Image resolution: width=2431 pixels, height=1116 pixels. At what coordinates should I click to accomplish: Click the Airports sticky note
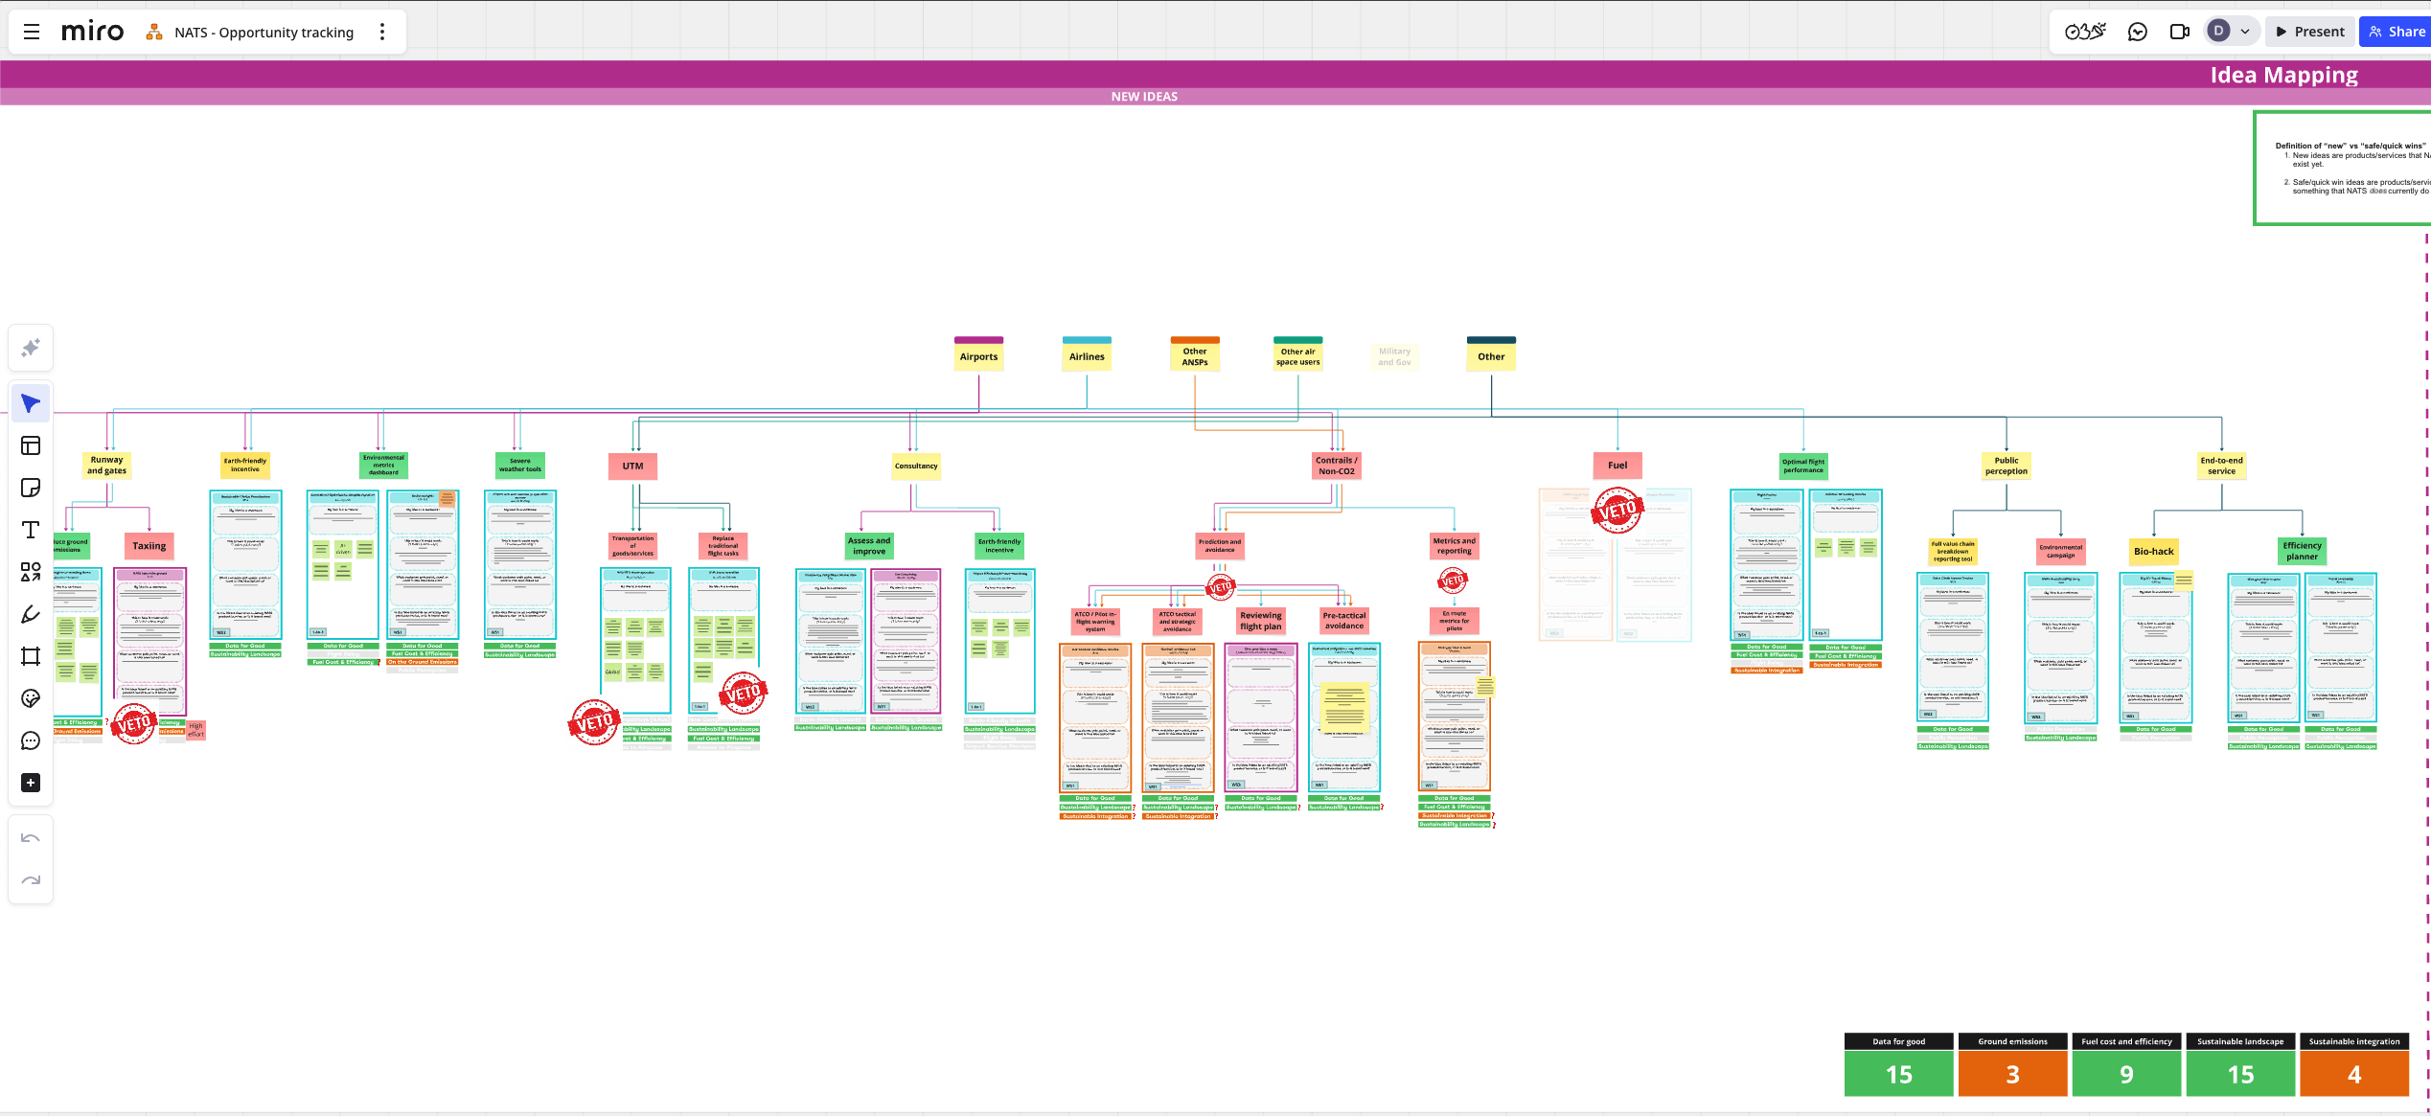click(978, 356)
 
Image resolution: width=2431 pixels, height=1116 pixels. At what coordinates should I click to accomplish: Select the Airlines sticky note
click(1087, 356)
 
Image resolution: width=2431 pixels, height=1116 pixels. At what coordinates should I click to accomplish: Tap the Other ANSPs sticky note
click(1195, 356)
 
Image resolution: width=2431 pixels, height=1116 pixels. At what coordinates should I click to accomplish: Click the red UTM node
click(632, 466)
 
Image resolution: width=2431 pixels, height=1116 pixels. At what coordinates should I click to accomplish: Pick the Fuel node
click(1617, 466)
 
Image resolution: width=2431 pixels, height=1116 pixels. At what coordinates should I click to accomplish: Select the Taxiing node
click(149, 546)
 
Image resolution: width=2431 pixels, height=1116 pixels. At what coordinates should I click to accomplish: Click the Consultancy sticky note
click(916, 467)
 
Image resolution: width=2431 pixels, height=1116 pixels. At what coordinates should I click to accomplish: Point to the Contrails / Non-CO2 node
click(1336, 466)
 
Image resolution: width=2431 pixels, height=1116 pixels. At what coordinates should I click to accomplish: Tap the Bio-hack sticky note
click(2153, 552)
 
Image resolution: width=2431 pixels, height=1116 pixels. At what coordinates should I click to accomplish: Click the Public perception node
click(2007, 466)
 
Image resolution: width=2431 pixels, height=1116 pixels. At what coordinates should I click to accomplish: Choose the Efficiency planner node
click(2302, 551)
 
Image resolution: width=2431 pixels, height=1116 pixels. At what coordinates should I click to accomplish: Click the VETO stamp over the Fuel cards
click(1617, 512)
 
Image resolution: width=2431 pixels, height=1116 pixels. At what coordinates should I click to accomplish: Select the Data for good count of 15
click(1898, 1074)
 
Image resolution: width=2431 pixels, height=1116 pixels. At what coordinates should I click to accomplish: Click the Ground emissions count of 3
click(2012, 1074)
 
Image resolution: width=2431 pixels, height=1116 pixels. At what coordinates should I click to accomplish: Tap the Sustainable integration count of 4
click(2353, 1074)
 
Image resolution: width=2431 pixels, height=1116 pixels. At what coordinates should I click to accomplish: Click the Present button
click(2309, 32)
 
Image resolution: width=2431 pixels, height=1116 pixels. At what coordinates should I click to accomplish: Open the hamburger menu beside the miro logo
click(32, 32)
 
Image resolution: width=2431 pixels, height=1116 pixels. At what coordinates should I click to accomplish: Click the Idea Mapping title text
click(2283, 75)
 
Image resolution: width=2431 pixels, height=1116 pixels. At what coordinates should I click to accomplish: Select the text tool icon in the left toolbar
click(31, 530)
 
